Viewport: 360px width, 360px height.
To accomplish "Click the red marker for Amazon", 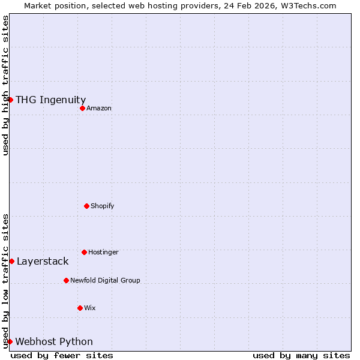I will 82,108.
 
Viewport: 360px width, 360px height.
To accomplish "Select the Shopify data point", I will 86,206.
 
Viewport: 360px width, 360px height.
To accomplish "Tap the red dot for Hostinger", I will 84,252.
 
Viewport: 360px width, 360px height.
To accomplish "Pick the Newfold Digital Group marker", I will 66,280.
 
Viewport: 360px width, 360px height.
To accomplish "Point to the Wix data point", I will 80,308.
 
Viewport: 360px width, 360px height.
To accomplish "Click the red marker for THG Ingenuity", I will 10,100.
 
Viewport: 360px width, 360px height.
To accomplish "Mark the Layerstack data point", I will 11,261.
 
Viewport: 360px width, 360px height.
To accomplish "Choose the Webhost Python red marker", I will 10,341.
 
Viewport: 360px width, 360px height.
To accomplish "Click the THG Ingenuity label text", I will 50,100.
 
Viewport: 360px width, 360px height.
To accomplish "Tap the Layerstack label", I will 43,261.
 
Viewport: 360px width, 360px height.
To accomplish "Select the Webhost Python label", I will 54,341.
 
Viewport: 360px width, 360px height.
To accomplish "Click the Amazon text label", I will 99,108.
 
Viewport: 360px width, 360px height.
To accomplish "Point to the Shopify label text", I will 103,206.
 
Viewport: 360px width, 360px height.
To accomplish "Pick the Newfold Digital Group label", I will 105,280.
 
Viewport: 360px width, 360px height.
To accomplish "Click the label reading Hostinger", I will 103,252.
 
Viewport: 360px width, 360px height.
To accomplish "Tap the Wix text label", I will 90,308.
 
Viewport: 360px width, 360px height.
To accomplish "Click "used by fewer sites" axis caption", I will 62,355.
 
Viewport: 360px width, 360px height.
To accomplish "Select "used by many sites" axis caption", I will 301,355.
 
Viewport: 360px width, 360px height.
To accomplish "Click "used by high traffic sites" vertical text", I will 5,85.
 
